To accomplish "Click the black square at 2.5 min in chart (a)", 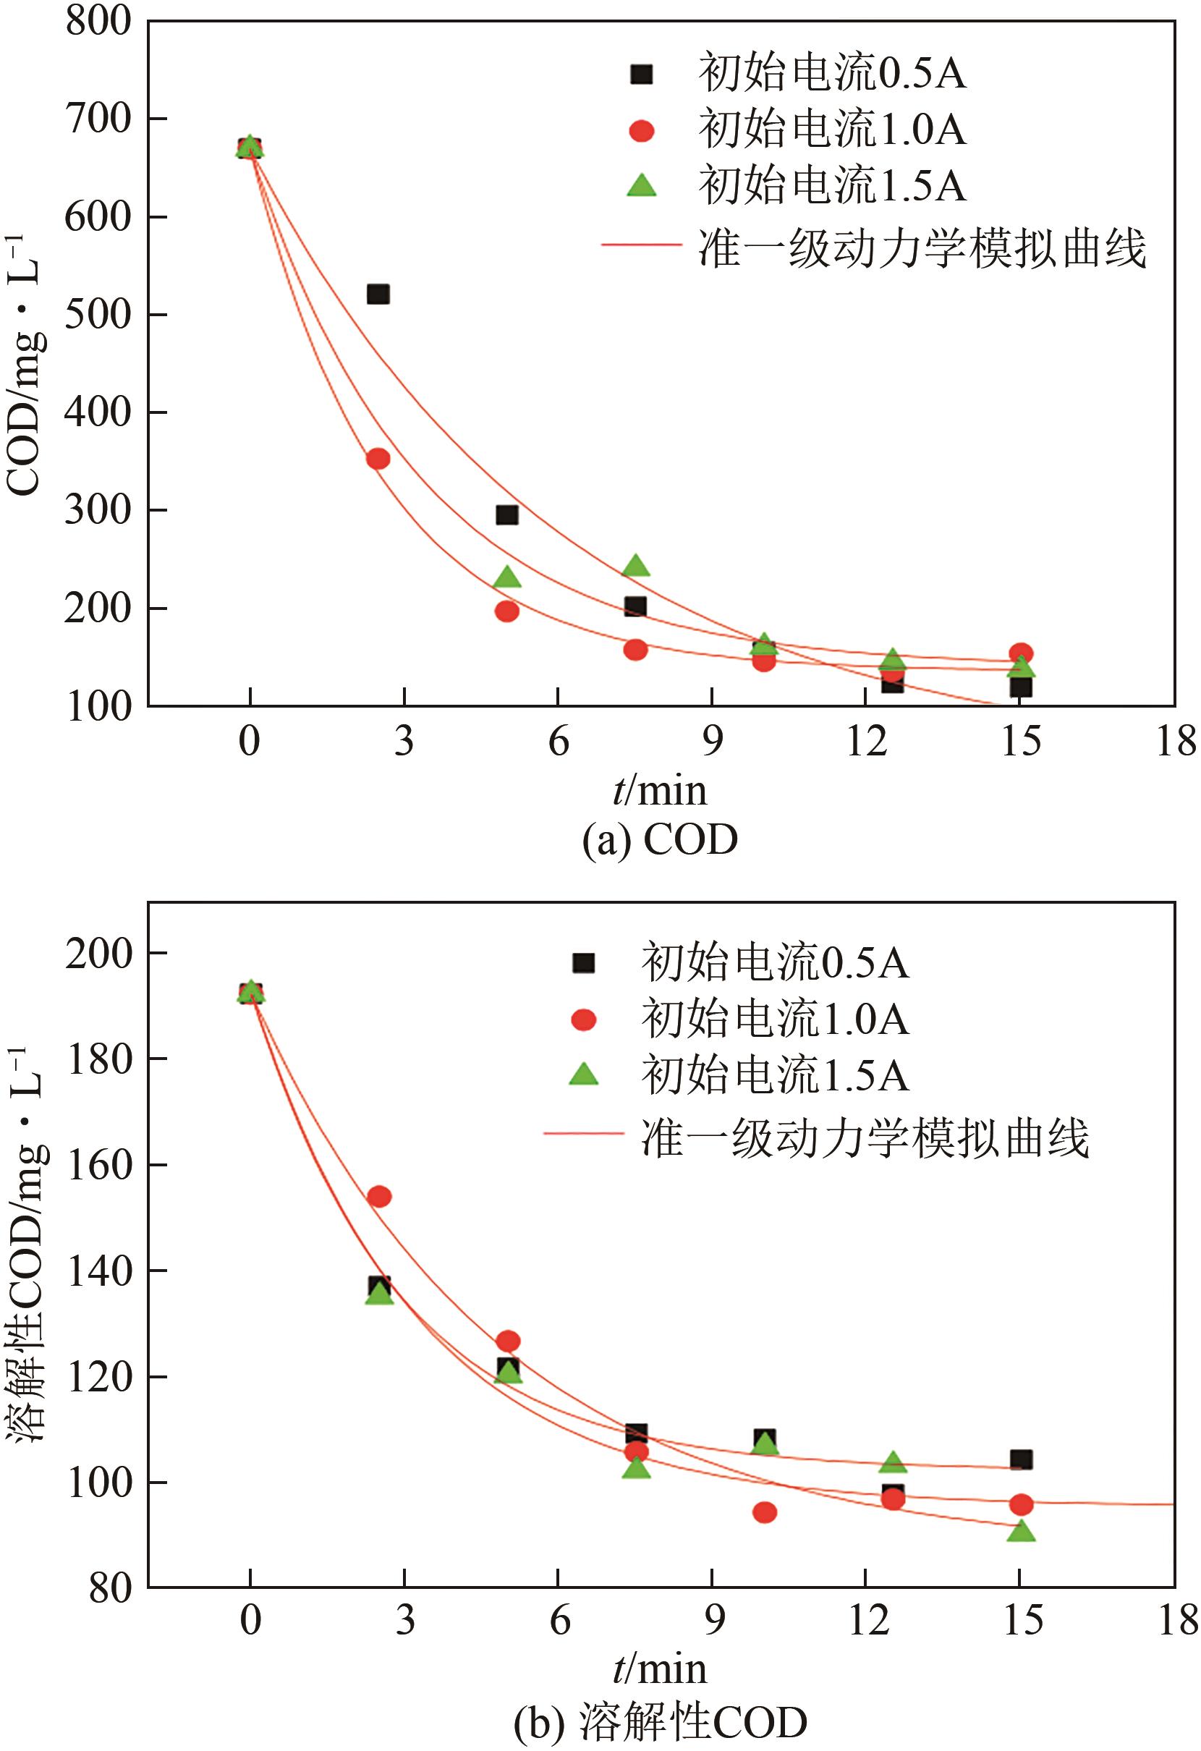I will (x=378, y=294).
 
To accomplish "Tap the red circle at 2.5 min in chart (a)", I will (x=378, y=458).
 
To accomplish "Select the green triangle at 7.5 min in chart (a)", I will (x=636, y=566).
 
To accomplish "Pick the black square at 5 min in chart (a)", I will (x=507, y=514).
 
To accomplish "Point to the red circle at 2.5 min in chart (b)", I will (x=379, y=1196).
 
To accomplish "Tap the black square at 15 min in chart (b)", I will (x=1021, y=1459).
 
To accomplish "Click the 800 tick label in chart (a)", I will (x=98, y=21).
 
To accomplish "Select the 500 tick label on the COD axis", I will (x=98, y=314).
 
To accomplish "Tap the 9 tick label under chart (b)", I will (x=713, y=1620).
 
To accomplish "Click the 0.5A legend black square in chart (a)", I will (x=641, y=74).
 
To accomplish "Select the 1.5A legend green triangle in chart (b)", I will (x=583, y=1075).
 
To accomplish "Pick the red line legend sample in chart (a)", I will (x=641, y=245).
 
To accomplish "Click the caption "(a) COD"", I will (x=659, y=840).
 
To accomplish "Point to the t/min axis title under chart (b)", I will (x=659, y=1669).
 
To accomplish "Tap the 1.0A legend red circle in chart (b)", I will (x=583, y=1019).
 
